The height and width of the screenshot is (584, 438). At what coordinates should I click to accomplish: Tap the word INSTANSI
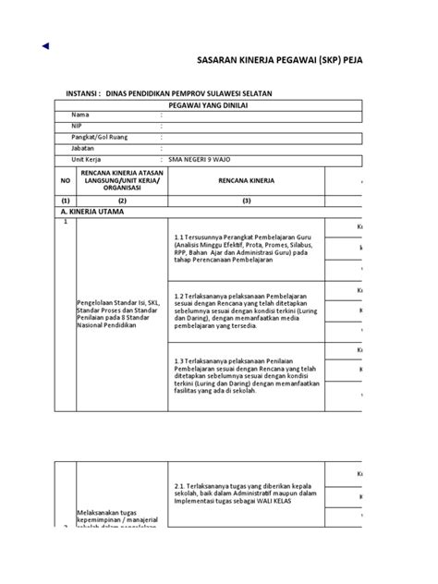tap(82, 93)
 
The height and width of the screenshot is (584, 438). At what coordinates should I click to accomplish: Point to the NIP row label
tap(77, 126)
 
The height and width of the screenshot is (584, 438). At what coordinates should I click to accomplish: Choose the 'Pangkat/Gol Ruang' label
tap(101, 136)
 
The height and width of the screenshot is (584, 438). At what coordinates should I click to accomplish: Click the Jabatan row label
tap(83, 147)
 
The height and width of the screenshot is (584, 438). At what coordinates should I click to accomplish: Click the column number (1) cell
tap(66, 201)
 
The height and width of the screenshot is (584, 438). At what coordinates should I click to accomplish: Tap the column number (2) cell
tap(122, 201)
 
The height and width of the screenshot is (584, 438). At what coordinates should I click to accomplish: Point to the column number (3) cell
tap(247, 201)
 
